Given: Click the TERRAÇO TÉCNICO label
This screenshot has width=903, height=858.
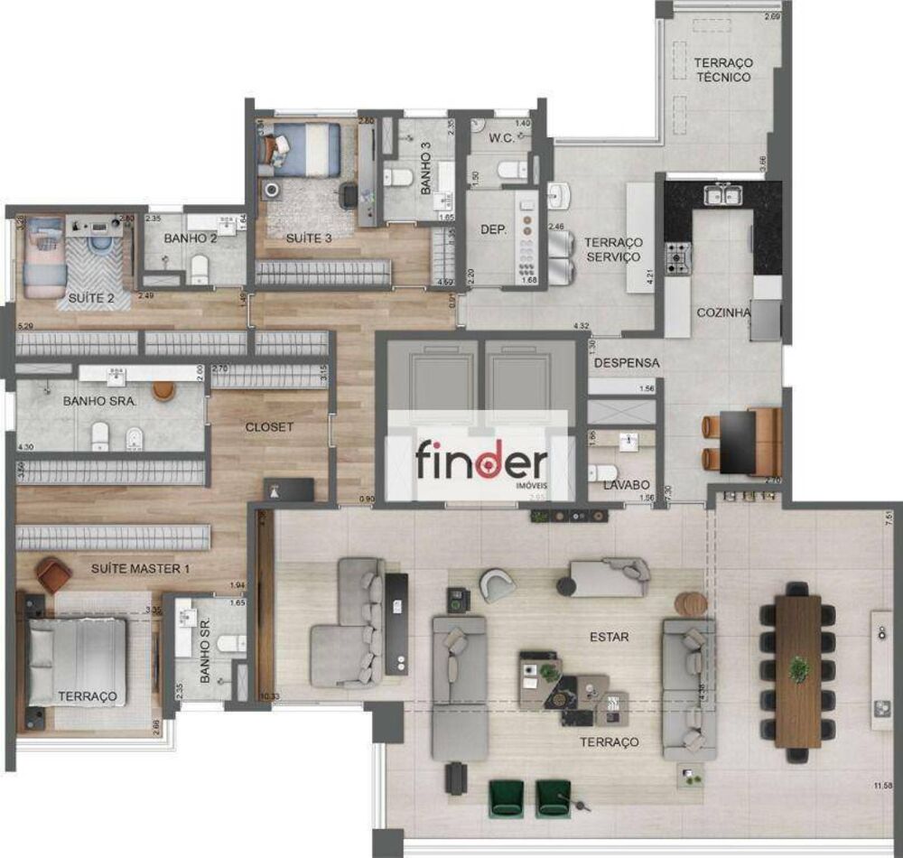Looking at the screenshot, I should (x=722, y=70).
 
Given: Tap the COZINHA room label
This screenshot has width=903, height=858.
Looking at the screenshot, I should (x=724, y=312).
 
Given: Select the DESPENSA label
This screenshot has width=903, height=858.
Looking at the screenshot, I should (x=627, y=363).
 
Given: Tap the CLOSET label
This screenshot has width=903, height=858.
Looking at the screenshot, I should (x=269, y=426).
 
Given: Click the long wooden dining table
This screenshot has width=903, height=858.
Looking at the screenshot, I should (x=798, y=671).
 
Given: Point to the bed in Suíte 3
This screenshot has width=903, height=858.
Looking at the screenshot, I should (x=301, y=146).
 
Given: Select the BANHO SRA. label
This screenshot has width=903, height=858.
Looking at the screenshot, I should (x=99, y=401).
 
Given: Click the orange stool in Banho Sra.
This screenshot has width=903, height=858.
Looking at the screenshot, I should (x=163, y=389).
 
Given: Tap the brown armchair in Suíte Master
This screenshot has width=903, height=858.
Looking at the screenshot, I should (x=54, y=574).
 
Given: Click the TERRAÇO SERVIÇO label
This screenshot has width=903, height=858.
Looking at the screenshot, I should (x=612, y=249).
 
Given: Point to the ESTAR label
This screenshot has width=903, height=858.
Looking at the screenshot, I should (x=609, y=637).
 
